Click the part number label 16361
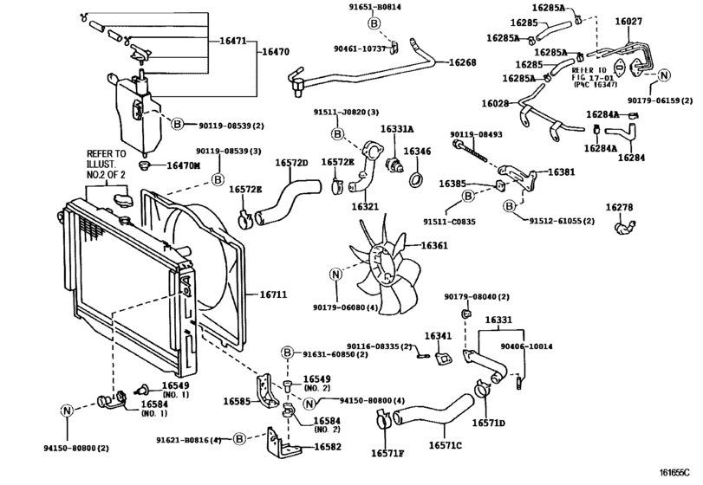[434, 246]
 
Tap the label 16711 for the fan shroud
[274, 294]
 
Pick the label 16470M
[182, 165]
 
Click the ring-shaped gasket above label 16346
[416, 180]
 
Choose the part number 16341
[438, 336]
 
